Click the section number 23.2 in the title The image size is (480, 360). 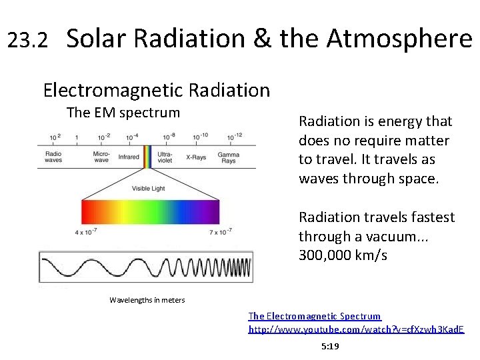coord(27,41)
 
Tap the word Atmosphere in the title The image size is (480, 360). coord(399,39)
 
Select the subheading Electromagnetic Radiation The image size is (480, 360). coord(156,89)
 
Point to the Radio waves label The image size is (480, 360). coord(54,157)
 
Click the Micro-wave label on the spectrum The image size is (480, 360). coord(102,157)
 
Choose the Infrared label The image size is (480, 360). coord(129,157)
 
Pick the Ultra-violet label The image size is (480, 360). coord(165,157)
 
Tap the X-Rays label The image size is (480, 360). coord(196,157)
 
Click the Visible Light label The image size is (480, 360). coord(149,189)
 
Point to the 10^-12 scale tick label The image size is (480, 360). coord(234,137)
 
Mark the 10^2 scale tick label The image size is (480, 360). coord(55,137)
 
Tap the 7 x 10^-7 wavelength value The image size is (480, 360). coord(219,231)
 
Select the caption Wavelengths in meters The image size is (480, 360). coord(147,300)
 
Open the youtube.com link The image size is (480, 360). coord(356,329)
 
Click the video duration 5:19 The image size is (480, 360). coord(330,347)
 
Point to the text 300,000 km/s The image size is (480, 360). coord(343,255)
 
